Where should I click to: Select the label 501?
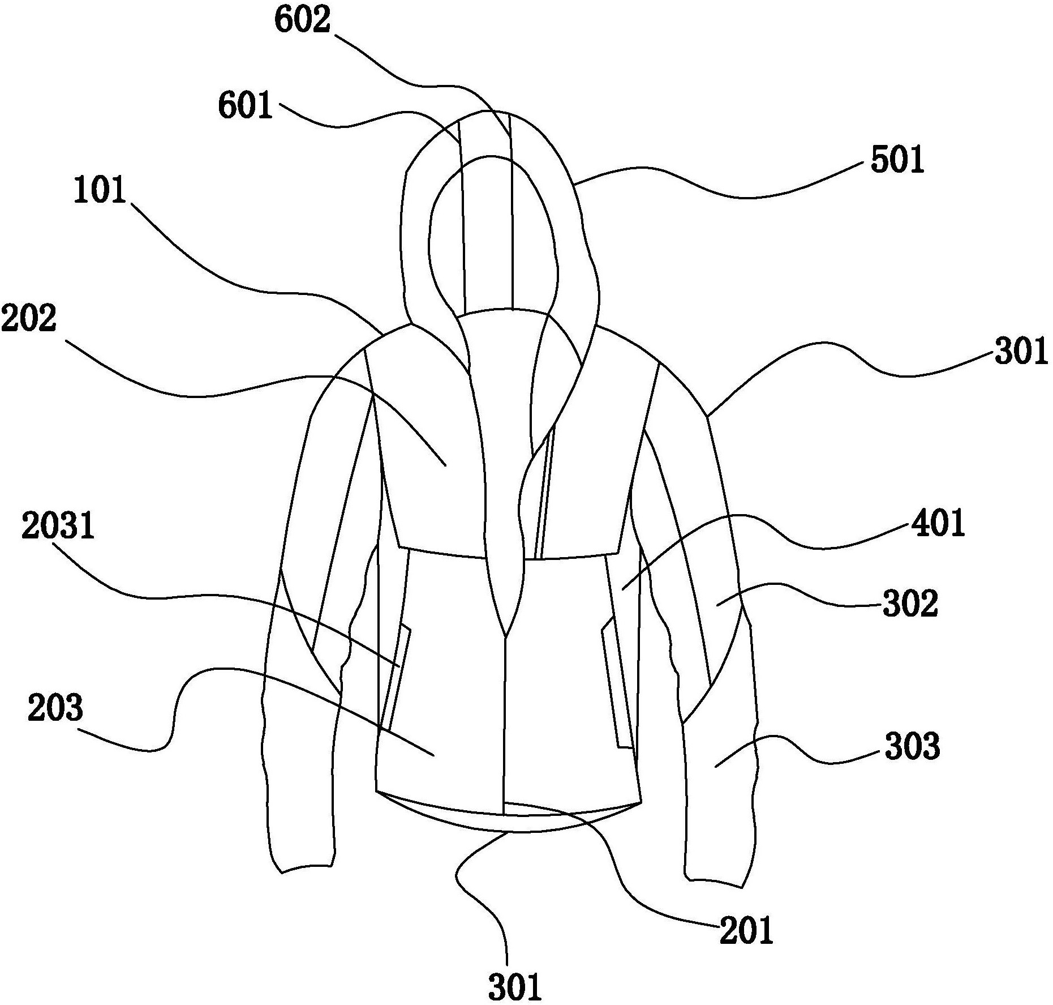point(897,161)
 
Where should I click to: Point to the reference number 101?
point(100,191)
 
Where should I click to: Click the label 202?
point(29,319)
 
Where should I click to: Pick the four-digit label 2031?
point(58,526)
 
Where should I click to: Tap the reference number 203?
point(55,708)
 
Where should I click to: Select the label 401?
point(937,523)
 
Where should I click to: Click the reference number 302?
point(910,604)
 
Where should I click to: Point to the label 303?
point(912,747)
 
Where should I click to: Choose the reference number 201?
point(746,930)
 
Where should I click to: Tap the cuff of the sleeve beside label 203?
point(306,866)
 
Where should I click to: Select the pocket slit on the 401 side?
point(617,685)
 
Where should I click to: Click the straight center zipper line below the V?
point(504,725)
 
